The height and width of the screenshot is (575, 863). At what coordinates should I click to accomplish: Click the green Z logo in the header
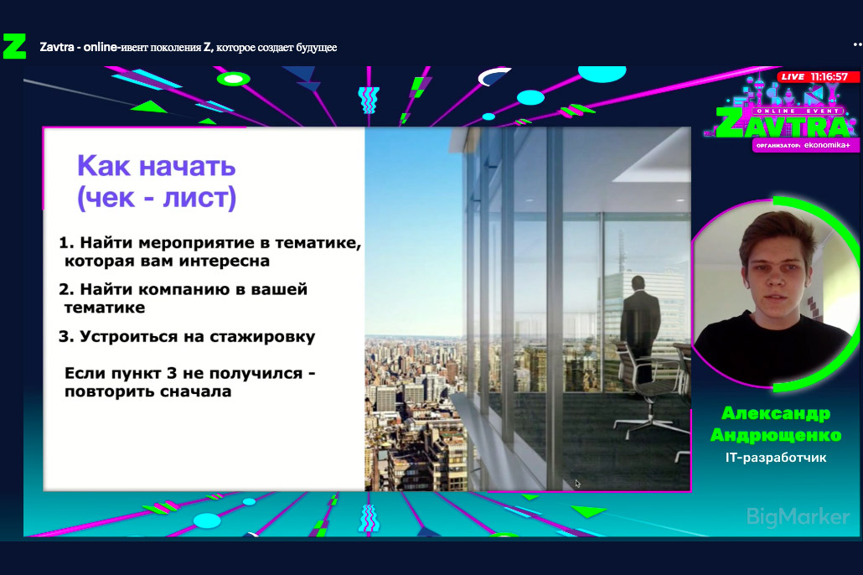pyautogui.click(x=14, y=46)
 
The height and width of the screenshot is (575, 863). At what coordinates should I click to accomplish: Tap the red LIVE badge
pyautogui.click(x=793, y=76)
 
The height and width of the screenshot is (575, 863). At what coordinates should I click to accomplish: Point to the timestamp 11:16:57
pyautogui.click(x=829, y=76)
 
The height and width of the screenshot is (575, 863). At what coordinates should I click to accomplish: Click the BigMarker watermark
pyautogui.click(x=798, y=516)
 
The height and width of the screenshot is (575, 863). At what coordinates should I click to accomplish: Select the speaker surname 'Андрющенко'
pyautogui.click(x=776, y=435)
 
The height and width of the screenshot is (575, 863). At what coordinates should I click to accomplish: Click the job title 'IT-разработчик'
pyautogui.click(x=776, y=457)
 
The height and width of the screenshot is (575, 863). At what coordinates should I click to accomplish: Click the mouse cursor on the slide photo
pyautogui.click(x=577, y=484)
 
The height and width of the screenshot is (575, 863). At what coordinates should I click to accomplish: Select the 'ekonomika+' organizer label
pyautogui.click(x=827, y=145)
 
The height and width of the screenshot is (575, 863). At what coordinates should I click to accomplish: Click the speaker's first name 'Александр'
pyautogui.click(x=776, y=413)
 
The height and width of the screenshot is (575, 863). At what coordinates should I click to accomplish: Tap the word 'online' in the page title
pyautogui.click(x=100, y=47)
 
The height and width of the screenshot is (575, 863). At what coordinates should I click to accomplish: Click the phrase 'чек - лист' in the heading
pyautogui.click(x=158, y=198)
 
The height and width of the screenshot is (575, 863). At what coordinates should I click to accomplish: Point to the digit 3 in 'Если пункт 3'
pyautogui.click(x=171, y=374)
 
